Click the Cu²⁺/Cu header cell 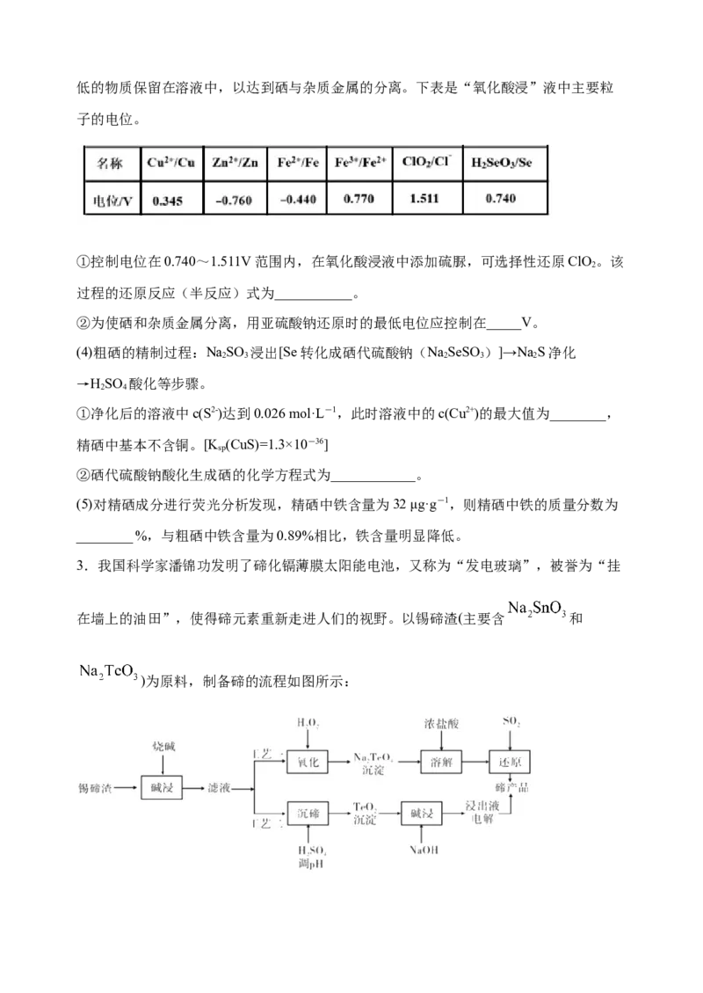[x=172, y=163]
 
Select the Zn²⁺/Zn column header [x=235, y=163]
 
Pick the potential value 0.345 [x=167, y=201]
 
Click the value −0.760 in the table [x=234, y=201]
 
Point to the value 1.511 [x=426, y=199]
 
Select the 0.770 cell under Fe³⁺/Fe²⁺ [x=359, y=199]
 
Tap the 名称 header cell [x=112, y=164]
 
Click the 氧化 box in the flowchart [x=307, y=763]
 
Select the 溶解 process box [x=441, y=763]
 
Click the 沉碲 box [x=307, y=814]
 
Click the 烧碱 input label [x=163, y=746]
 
